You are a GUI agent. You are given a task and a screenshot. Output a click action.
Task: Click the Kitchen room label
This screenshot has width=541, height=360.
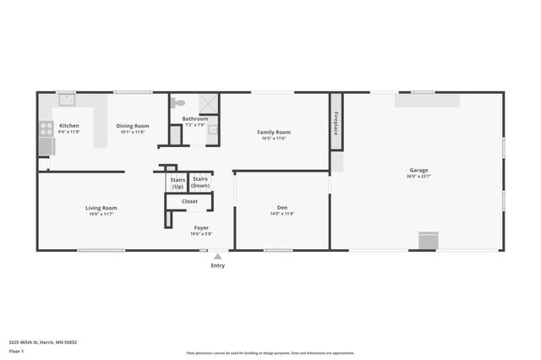(x=69, y=126)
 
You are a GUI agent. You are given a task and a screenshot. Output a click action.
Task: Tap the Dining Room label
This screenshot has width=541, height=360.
(x=133, y=126)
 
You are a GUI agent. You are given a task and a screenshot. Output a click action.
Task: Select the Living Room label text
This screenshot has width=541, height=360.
(x=101, y=208)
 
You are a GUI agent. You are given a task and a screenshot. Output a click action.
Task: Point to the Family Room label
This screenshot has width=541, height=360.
(x=274, y=132)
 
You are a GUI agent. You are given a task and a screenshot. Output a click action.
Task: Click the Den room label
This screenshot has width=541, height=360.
(x=282, y=208)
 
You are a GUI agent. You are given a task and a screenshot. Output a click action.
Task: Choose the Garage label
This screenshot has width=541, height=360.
(x=419, y=170)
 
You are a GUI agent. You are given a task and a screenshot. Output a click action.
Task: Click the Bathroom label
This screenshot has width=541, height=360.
(x=194, y=119)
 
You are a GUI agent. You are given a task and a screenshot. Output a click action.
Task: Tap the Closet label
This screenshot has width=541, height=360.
(x=190, y=201)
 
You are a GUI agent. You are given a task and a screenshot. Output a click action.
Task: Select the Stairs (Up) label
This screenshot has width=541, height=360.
(x=178, y=183)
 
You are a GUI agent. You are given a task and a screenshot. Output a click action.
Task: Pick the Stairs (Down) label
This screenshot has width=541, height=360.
(x=200, y=182)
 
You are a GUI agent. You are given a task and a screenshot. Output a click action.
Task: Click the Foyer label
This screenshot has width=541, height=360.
(x=200, y=227)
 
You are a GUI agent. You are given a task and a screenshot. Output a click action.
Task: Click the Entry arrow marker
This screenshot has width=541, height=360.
(x=217, y=256)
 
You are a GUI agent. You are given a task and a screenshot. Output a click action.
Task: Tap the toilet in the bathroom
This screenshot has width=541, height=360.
(x=177, y=102)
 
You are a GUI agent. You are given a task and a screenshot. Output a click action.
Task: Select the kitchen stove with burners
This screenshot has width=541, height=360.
(x=46, y=129)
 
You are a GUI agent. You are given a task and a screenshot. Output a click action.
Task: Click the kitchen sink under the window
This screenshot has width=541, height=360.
(x=66, y=99)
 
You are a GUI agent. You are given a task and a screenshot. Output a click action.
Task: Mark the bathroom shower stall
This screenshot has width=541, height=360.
(x=208, y=103)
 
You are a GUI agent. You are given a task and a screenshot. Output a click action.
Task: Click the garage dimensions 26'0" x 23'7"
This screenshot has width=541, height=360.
(x=419, y=177)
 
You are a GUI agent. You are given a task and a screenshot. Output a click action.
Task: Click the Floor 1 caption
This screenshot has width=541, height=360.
(x=16, y=351)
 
